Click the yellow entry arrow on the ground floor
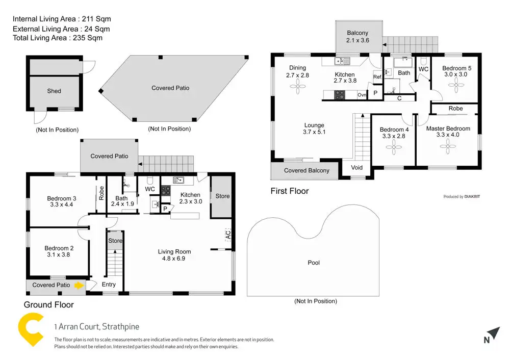tap(78, 286)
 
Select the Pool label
tap(314, 263)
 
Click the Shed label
tap(54, 91)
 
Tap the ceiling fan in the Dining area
tap(297, 87)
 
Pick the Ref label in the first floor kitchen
tap(377, 77)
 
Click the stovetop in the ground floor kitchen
tap(166, 190)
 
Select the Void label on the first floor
tap(357, 167)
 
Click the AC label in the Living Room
tap(228, 236)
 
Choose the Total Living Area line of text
tap(58, 38)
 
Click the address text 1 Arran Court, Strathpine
tap(96, 327)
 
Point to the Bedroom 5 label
tap(456, 68)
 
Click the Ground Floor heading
tap(49, 305)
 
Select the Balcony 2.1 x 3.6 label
tap(358, 37)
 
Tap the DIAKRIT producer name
tap(472, 196)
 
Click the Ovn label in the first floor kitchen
tap(362, 95)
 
